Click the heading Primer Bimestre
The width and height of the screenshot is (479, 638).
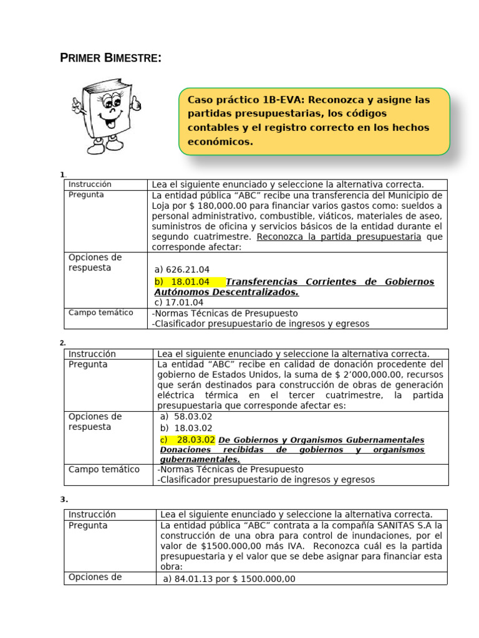tap(110, 59)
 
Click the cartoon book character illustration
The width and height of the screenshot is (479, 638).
tap(106, 116)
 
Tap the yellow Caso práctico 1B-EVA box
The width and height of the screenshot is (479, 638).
tap(314, 121)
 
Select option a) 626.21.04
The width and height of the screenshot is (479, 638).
tap(182, 269)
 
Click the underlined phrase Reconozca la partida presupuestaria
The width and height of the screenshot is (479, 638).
tap(339, 237)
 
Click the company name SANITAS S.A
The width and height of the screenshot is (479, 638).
tap(405, 525)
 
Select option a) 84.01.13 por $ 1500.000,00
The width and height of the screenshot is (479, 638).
tap(229, 579)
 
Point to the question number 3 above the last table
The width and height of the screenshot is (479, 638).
tap(64, 499)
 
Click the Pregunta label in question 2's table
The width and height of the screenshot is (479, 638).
tap(88, 364)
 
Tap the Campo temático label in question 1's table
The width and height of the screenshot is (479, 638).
tap(100, 313)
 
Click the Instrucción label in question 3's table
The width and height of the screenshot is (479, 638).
tap(92, 514)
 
